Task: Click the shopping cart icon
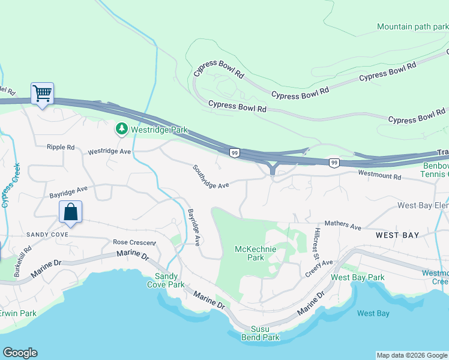42,94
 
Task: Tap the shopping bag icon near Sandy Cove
70,212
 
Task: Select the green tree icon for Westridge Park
122,129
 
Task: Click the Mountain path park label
412,27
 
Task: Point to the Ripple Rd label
61,147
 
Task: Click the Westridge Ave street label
109,152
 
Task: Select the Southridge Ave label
211,178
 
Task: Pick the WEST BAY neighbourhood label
397,235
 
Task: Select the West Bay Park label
357,278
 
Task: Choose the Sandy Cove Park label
166,280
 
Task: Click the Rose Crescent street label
134,242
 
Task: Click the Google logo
20,353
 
